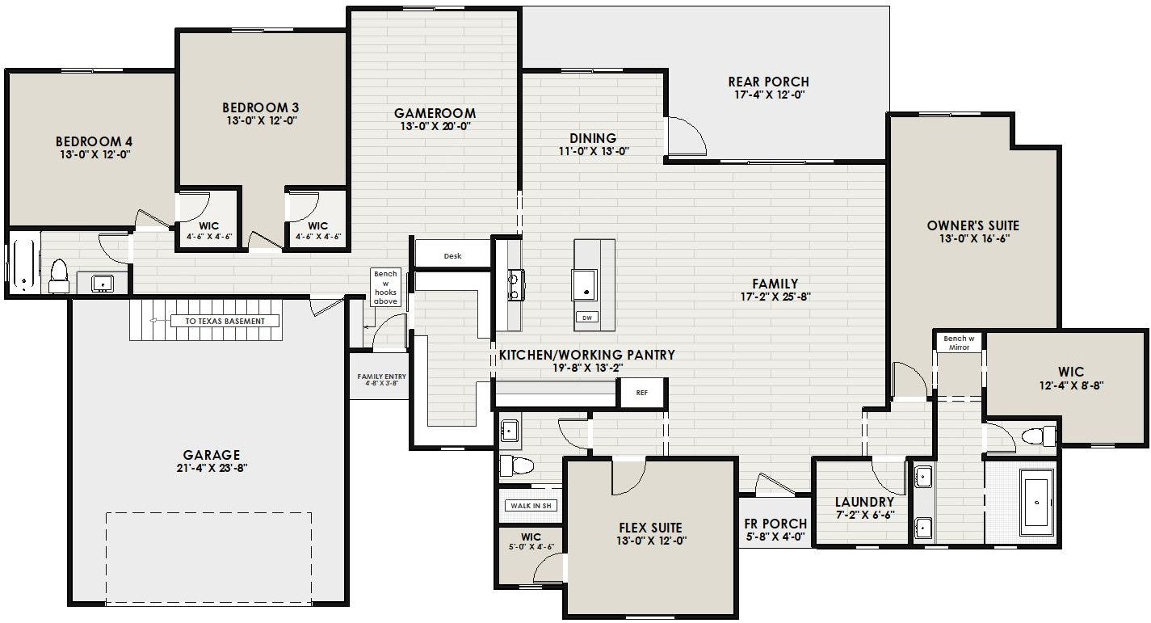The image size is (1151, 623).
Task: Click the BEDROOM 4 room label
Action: tap(95, 141)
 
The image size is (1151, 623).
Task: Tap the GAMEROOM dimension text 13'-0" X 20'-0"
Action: tap(435, 127)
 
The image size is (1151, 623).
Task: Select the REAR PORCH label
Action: tap(768, 82)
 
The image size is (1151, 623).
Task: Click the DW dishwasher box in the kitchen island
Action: tap(586, 318)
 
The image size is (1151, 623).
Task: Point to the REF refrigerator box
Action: tap(641, 394)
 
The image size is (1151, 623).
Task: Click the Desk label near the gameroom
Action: tap(452, 256)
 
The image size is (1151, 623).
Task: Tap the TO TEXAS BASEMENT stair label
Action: tap(225, 321)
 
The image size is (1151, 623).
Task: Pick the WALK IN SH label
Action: tap(530, 506)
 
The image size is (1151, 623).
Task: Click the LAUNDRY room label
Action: tap(864, 502)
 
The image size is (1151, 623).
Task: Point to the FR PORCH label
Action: tap(775, 524)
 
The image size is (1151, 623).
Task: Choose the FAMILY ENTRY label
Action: tap(381, 377)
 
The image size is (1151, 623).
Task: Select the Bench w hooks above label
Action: tap(385, 288)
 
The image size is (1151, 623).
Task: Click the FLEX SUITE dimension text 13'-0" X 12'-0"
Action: tap(650, 542)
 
